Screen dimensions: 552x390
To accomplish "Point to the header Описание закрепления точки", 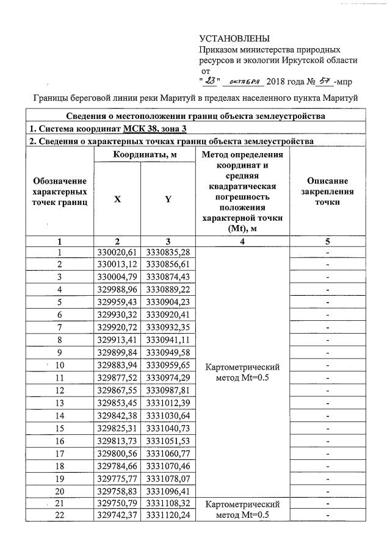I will pos(327,191).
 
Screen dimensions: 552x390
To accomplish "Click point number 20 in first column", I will pos(60,491).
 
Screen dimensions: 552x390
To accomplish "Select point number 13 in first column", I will pos(60,403).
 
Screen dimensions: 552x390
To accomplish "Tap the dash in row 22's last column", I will pos(328,517).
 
